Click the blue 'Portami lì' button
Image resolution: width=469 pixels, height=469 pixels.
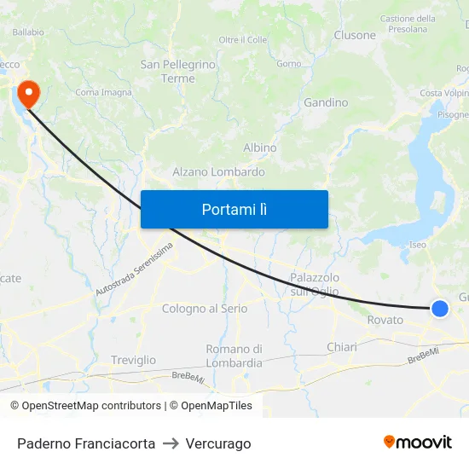[x=234, y=209]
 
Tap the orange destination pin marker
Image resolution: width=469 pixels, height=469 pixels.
[x=27, y=93]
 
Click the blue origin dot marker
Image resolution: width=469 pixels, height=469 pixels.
[x=439, y=309]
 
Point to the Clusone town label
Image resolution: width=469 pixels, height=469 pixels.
[x=355, y=35]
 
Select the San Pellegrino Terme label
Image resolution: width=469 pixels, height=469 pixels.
[x=178, y=72]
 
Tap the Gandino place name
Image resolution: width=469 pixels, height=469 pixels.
[x=326, y=102]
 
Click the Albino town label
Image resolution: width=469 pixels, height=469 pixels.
[x=259, y=148]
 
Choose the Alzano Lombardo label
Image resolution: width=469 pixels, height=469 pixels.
[x=218, y=171]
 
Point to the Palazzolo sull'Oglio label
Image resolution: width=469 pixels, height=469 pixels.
[x=315, y=284]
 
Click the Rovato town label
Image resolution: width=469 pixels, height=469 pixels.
[x=385, y=320]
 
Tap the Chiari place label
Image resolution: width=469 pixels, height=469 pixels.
[x=342, y=347]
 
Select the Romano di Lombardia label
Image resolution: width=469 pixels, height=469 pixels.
[x=234, y=356]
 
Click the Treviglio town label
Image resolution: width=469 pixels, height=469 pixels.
[x=133, y=361]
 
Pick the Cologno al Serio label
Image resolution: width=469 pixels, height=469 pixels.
[x=205, y=309]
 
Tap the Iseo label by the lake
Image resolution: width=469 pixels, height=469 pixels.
[x=417, y=245]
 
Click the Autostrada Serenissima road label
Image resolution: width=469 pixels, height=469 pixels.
[x=134, y=269]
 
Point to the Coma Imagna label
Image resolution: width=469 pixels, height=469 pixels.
[x=103, y=92]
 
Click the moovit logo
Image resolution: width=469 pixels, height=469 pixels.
[x=417, y=442]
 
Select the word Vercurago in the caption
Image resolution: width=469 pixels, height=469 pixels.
[x=219, y=443]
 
